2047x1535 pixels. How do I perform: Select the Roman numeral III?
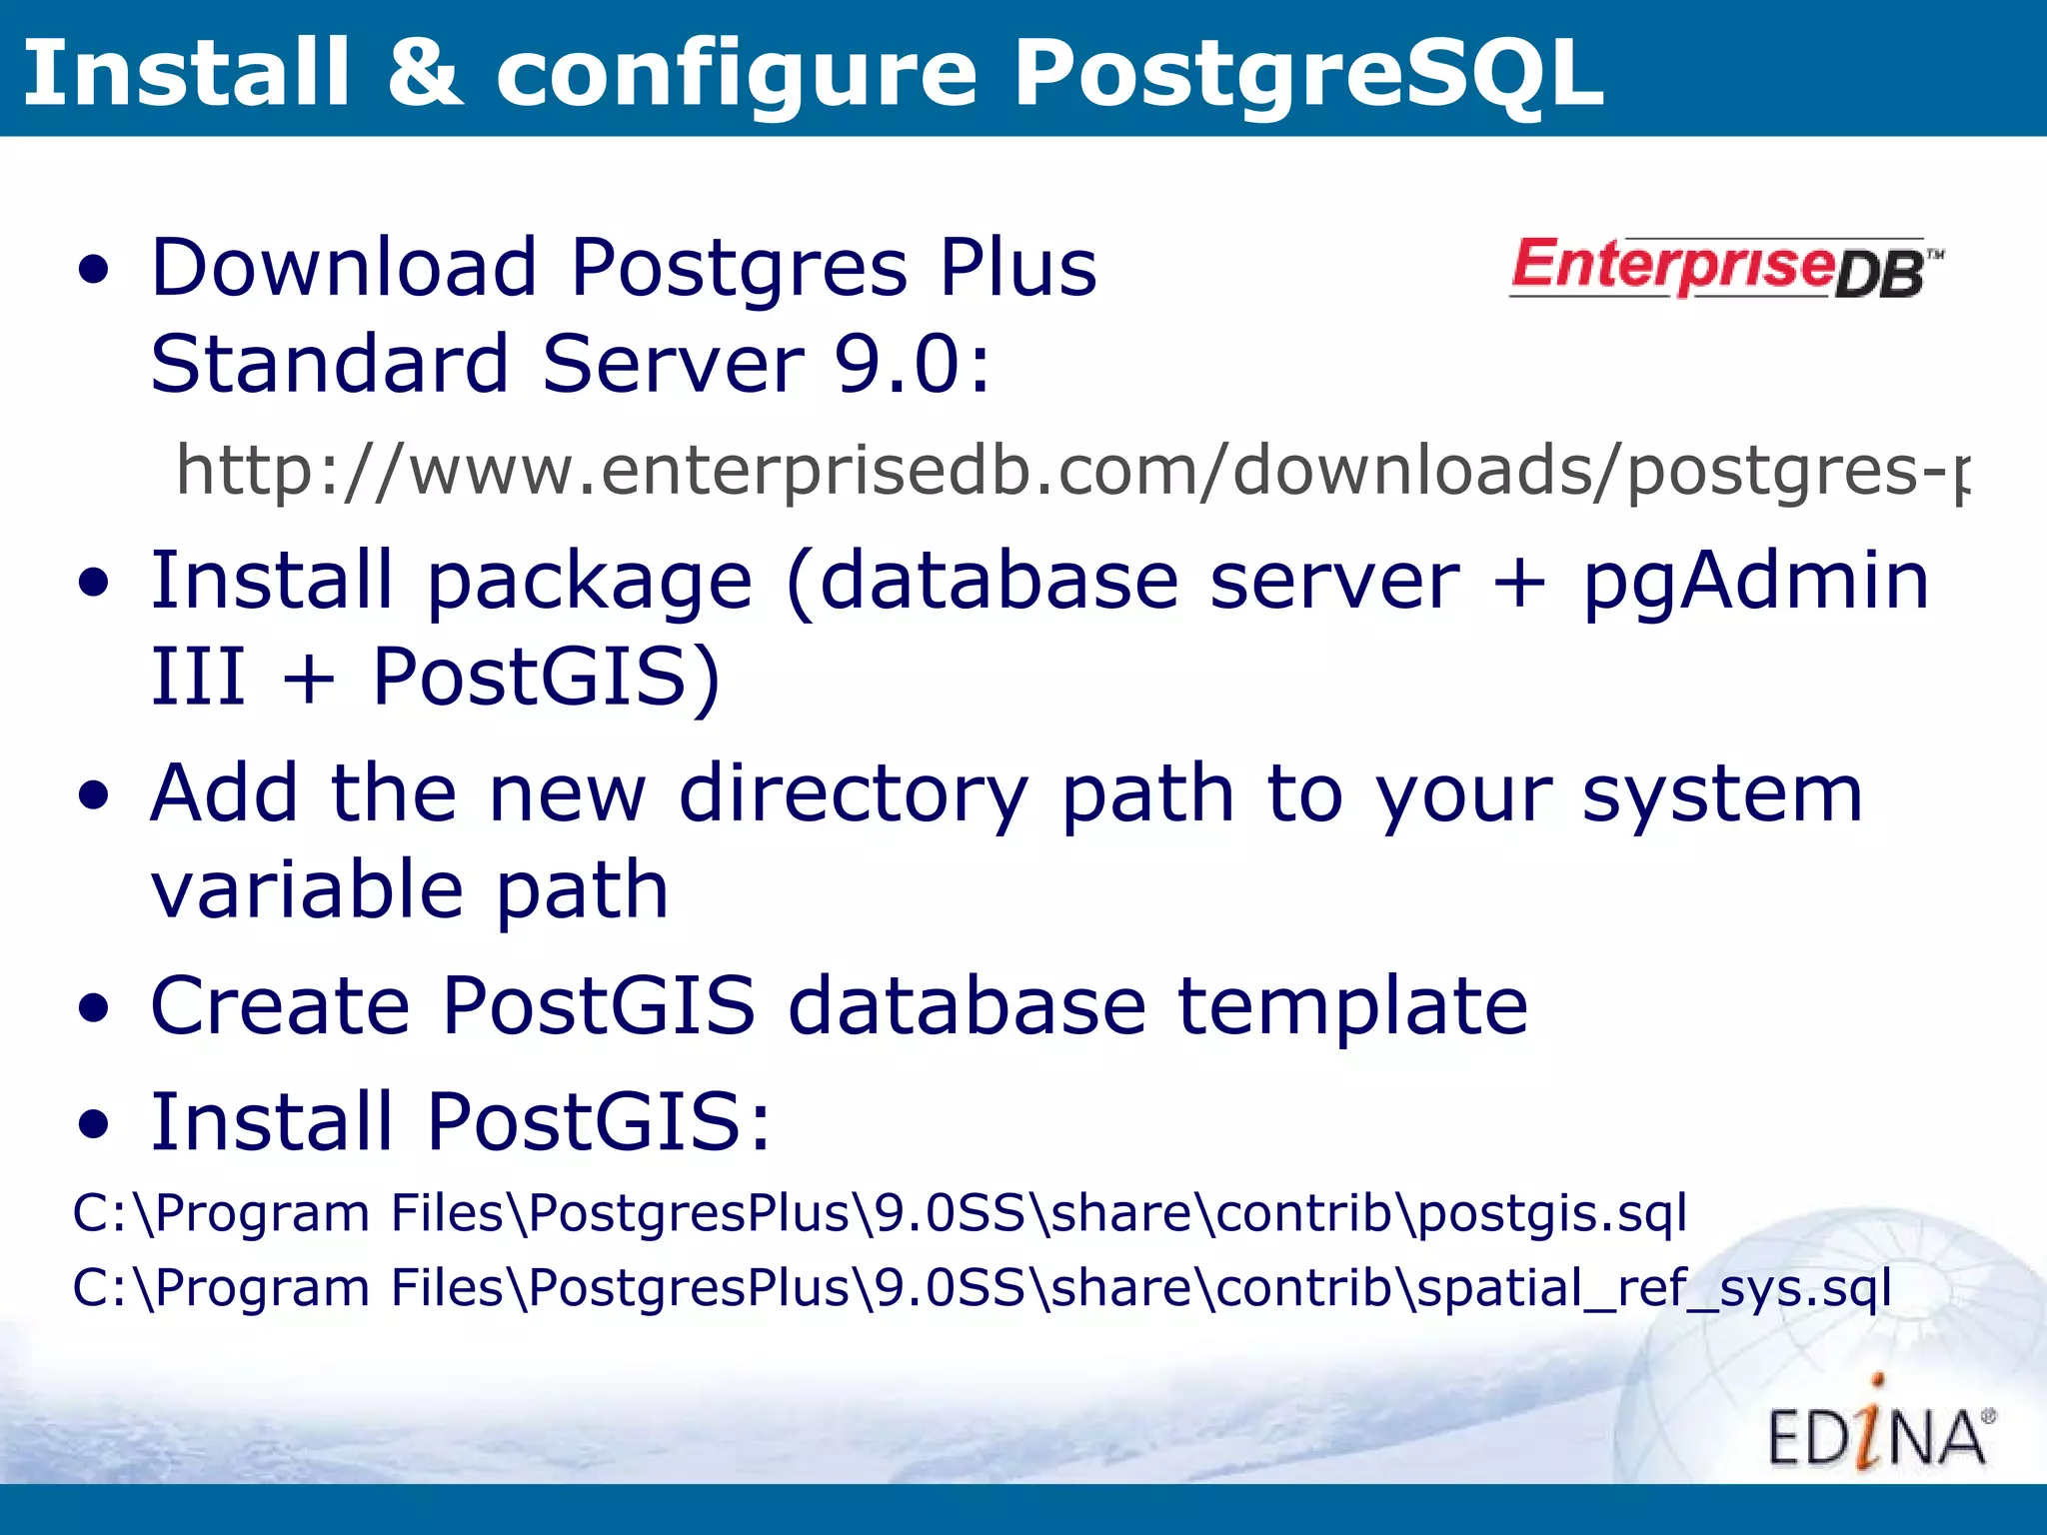[198, 677]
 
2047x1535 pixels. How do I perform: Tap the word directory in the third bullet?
[853, 794]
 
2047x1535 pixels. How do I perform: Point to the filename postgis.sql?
[1552, 1213]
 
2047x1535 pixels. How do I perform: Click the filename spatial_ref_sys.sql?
[1654, 1287]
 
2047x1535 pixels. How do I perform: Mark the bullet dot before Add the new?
[94, 797]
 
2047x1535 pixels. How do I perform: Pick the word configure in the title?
[737, 74]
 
